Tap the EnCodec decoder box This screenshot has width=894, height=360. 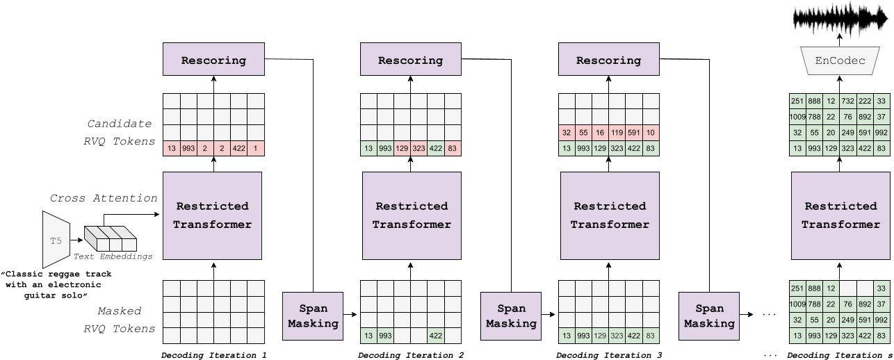click(x=840, y=61)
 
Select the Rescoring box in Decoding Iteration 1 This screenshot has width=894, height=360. click(x=213, y=60)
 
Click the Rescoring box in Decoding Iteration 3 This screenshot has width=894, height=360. click(x=609, y=60)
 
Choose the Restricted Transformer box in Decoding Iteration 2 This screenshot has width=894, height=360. click(x=412, y=215)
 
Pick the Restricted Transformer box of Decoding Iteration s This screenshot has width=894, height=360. click(x=840, y=215)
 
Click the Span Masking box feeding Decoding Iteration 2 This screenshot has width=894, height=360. click(x=313, y=316)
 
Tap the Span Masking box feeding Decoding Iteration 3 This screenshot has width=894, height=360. click(x=512, y=316)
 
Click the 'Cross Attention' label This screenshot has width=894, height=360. click(x=104, y=198)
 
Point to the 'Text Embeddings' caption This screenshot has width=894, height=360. click(x=113, y=256)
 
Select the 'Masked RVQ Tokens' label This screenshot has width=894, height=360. click(x=119, y=320)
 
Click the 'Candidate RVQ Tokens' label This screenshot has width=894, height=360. click(x=119, y=133)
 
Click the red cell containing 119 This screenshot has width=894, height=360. click(x=617, y=133)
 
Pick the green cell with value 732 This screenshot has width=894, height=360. click(x=849, y=101)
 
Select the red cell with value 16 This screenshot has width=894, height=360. click(x=601, y=133)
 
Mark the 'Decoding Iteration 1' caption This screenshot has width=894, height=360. click(x=213, y=355)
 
